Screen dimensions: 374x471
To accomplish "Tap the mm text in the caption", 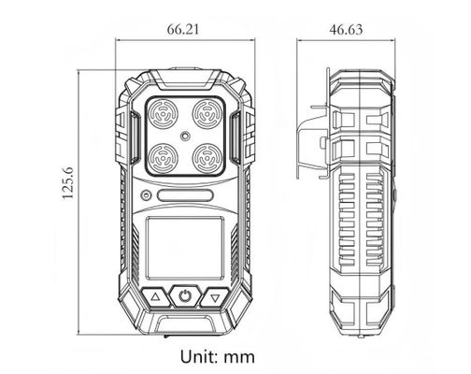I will pos(239,357).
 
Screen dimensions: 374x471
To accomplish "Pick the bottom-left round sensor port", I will pos(163,155).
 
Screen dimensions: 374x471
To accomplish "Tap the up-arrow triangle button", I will pos(155,298).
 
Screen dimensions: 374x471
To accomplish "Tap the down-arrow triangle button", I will pos(216,298).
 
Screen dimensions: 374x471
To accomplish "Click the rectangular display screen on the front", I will pos(186,245).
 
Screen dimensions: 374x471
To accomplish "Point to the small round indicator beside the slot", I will pos(147,196).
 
